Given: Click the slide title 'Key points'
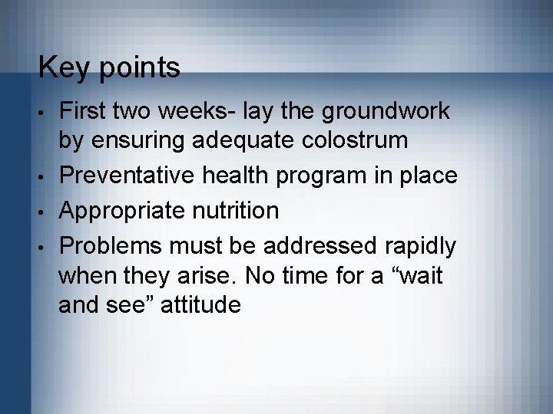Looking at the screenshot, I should [109, 68].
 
